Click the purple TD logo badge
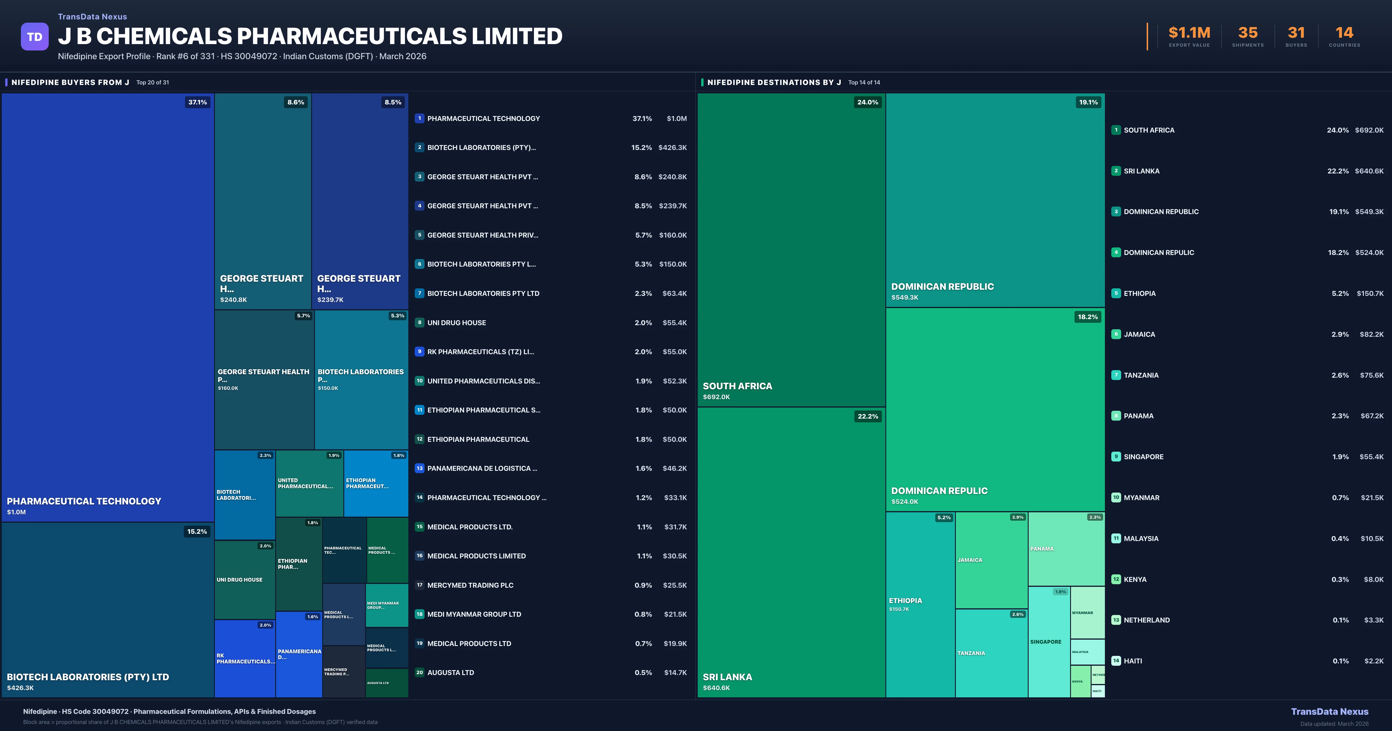(35, 37)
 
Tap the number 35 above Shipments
(1248, 33)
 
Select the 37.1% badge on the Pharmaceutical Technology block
(197, 102)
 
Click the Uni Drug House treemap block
(244, 580)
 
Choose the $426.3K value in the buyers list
(672, 148)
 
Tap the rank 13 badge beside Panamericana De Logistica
(419, 468)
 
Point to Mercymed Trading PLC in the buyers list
(470, 585)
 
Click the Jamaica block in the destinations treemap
(991, 560)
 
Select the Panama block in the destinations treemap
(1066, 549)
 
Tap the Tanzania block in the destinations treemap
(991, 653)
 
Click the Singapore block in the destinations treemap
(1048, 642)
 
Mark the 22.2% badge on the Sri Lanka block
(867, 416)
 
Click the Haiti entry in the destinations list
(1133, 661)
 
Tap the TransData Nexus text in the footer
(1329, 712)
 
